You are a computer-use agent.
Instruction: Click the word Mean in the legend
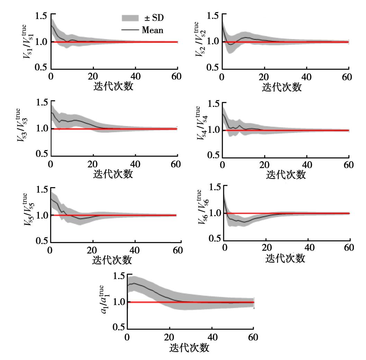pyautogui.click(x=152, y=30)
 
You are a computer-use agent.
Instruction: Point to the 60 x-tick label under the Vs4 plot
pyautogui.click(x=348, y=165)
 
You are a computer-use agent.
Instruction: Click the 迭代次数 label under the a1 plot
pyautogui.click(x=189, y=348)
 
